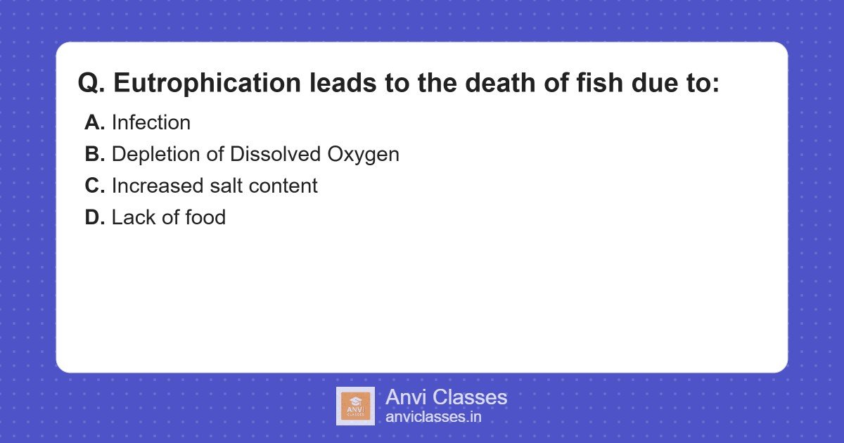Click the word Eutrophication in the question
tap(207, 83)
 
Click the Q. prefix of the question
tap(91, 83)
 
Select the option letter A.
tap(95, 122)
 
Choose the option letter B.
tap(95, 154)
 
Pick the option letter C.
tap(95, 186)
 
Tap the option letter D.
tap(95, 217)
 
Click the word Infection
tap(151, 122)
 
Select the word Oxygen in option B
tap(367, 154)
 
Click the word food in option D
tap(205, 217)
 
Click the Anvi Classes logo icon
tap(355, 406)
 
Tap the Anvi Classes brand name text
tap(446, 397)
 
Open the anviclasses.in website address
tap(433, 417)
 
